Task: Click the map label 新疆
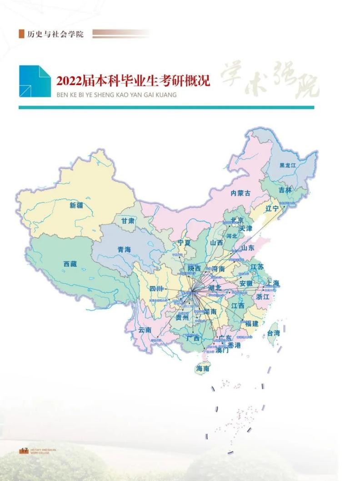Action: click(76, 205)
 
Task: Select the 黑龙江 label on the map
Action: click(287, 165)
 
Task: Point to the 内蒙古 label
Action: click(240, 193)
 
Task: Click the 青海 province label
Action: click(124, 250)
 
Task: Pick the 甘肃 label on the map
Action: click(128, 220)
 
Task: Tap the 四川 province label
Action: click(157, 289)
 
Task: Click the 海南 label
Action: click(203, 369)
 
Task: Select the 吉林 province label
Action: click(285, 190)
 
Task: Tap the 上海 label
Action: click(273, 283)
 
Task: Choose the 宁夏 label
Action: click(184, 243)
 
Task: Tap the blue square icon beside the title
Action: click(35, 81)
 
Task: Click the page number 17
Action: click(24, 450)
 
